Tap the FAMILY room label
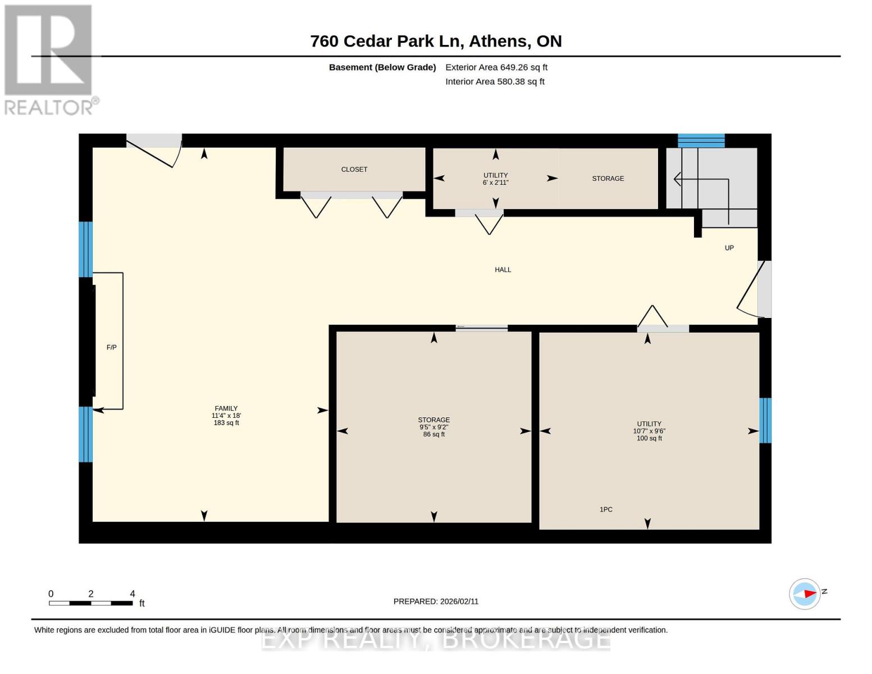(226, 408)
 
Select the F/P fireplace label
(112, 348)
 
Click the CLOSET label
(354, 169)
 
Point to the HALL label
(503, 270)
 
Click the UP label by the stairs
(729, 248)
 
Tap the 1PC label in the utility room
(606, 509)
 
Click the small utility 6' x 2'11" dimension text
(495, 183)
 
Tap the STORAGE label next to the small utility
(608, 179)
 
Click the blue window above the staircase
(701, 140)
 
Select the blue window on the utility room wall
(765, 420)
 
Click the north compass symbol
(805, 594)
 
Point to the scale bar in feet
(91, 603)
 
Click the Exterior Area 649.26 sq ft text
(496, 67)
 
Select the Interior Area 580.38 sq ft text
(495, 81)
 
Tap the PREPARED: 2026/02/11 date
(436, 601)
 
